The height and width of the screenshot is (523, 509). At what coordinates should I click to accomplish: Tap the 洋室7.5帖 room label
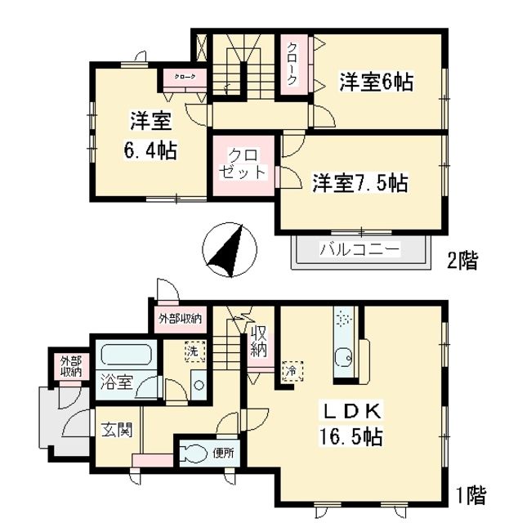359,183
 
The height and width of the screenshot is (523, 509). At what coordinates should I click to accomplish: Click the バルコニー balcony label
359,248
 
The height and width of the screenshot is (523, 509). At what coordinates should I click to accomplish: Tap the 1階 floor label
471,494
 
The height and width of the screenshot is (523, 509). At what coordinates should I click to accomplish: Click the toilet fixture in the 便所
196,454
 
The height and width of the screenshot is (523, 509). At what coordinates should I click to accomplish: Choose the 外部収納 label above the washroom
180,318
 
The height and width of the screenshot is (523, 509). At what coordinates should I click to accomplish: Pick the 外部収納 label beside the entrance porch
70,366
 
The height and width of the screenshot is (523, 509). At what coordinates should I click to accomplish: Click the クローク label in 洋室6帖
292,64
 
